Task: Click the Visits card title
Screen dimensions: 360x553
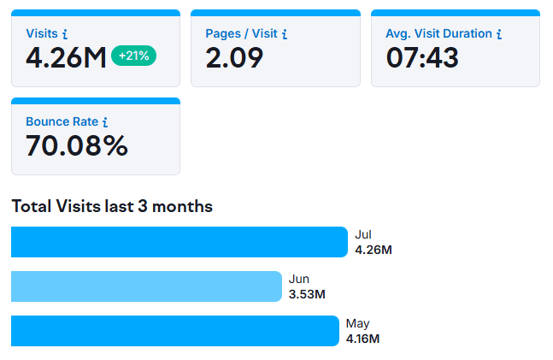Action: point(42,33)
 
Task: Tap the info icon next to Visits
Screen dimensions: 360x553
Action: point(65,34)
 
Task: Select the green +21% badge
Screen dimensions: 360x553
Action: point(133,56)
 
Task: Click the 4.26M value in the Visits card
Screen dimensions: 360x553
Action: point(66,57)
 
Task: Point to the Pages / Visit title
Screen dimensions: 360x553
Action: point(241,33)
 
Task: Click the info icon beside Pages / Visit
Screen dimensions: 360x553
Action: point(285,34)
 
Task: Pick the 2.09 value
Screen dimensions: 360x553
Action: point(234,57)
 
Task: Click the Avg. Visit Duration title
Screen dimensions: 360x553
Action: point(438,33)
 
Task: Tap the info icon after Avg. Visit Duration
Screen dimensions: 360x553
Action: point(498,34)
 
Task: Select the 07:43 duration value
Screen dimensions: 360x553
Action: point(422,57)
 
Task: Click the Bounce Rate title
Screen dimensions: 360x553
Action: point(62,121)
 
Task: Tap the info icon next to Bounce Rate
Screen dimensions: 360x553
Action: point(104,122)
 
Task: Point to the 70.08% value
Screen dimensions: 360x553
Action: point(77,145)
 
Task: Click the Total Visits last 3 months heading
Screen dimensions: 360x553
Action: point(112,206)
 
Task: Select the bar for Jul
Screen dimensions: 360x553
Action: point(179,242)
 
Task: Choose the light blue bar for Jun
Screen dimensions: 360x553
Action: point(146,286)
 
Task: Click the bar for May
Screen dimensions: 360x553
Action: point(175,331)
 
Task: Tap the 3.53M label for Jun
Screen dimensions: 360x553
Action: point(307,294)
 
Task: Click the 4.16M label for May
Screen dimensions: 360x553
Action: point(362,339)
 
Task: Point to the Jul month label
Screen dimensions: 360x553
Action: point(363,234)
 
